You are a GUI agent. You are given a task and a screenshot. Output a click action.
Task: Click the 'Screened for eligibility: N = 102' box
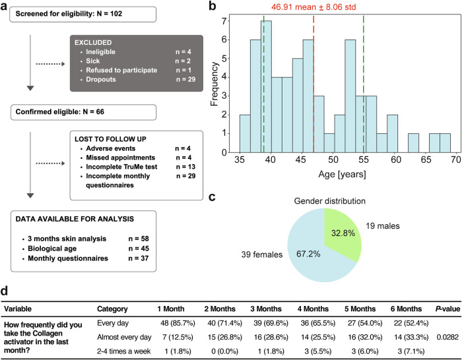point(82,14)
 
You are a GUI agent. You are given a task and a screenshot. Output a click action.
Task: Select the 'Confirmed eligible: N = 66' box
point(83,112)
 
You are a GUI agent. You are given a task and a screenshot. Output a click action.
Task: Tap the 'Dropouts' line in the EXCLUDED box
point(101,80)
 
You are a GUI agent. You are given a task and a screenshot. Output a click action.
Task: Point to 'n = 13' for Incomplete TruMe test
point(185,167)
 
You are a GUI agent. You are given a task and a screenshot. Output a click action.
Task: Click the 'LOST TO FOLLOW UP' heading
point(110,139)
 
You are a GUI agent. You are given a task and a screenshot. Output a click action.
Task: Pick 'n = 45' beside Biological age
point(139,249)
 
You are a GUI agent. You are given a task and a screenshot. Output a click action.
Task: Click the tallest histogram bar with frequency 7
point(266,86)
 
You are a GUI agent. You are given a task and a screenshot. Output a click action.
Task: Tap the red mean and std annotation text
point(313,7)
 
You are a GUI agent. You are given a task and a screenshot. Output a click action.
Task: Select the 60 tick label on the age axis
point(396,160)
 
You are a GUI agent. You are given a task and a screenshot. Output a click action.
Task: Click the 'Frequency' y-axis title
point(214,84)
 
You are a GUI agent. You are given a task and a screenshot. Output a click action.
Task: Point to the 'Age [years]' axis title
point(342,175)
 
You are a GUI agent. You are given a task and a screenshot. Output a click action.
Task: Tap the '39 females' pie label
point(262,255)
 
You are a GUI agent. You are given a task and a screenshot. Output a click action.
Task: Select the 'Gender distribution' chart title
point(330,201)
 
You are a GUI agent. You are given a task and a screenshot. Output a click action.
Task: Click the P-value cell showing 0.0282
point(448,338)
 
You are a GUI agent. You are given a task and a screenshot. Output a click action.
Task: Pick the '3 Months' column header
point(266,309)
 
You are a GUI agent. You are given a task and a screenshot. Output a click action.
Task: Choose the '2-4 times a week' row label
point(124,351)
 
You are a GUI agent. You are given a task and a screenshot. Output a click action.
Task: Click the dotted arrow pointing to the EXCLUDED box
point(50,64)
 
